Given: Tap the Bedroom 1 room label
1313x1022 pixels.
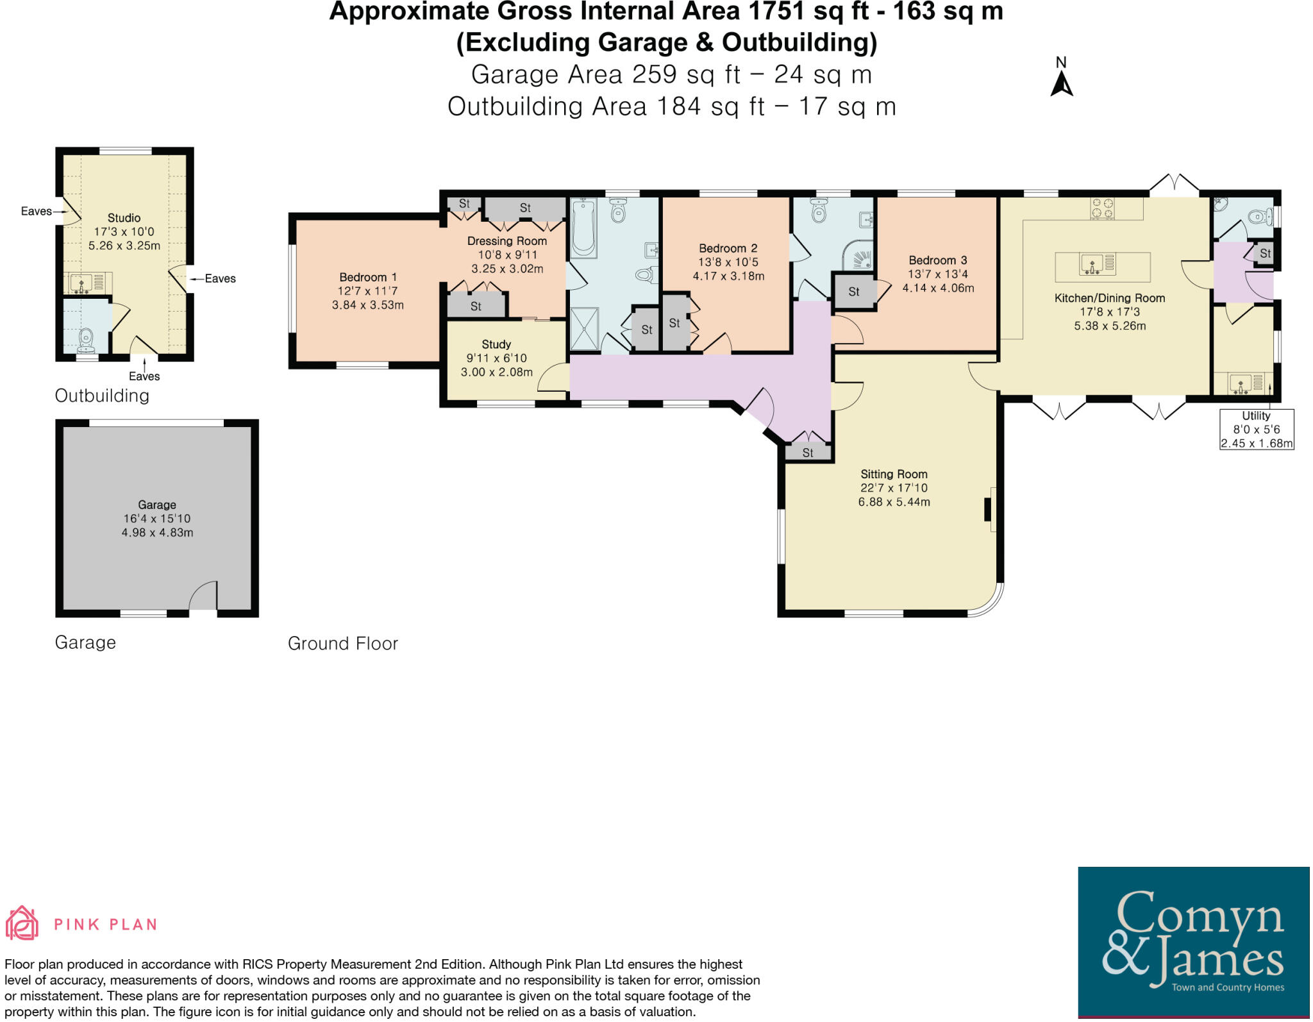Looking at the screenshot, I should (368, 277).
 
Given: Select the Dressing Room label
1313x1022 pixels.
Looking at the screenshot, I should (506, 241).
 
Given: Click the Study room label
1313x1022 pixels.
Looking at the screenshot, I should (496, 344).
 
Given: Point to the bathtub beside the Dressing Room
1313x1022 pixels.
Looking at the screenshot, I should (583, 228).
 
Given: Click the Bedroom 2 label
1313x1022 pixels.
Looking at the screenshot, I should (728, 248).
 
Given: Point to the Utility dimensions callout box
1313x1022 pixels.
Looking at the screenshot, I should (1256, 430).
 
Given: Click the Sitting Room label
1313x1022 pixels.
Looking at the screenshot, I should (894, 474).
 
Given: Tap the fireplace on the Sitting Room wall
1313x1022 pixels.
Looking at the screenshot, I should (990, 509).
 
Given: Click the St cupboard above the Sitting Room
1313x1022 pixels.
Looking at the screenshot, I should (808, 453).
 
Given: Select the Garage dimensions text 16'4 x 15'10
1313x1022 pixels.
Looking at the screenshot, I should (157, 519).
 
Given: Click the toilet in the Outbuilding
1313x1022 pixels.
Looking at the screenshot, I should (86, 340).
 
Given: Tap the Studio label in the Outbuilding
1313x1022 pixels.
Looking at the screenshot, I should (124, 218).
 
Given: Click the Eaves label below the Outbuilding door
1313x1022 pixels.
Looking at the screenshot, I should (144, 376).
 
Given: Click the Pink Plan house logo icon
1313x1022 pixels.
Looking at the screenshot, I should (22, 923).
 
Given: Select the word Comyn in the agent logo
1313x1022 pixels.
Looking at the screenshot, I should (1199, 916).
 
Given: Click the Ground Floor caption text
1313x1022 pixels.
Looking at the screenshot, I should (343, 643).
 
